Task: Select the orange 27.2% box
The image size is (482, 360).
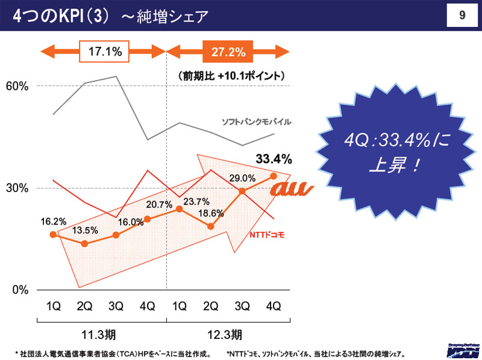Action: click(228, 52)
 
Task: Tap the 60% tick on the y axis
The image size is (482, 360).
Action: click(17, 86)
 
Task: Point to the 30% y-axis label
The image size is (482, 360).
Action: click(17, 188)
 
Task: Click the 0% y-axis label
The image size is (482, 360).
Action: click(20, 290)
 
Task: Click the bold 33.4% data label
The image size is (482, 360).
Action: click(274, 160)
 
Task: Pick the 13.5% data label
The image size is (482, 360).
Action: click(84, 231)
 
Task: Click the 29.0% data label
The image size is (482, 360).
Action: click(242, 178)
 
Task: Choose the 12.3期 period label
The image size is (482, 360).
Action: click(228, 334)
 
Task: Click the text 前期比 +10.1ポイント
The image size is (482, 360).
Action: click(231, 76)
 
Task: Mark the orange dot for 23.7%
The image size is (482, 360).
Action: click(179, 209)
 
